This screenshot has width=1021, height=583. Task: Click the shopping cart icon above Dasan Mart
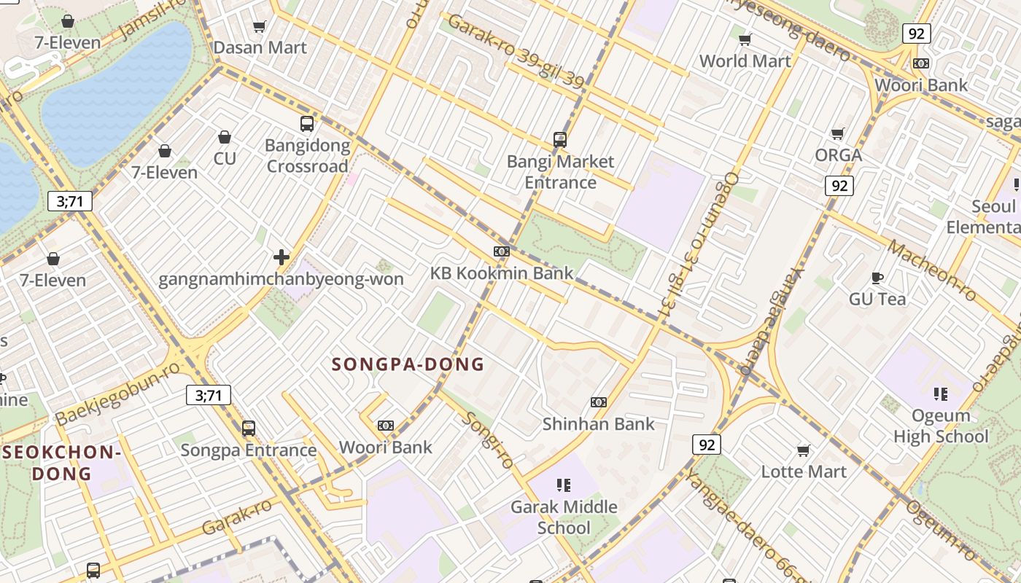coord(259,27)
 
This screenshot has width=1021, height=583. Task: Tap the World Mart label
coord(745,61)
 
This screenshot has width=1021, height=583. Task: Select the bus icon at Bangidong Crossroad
coord(307,124)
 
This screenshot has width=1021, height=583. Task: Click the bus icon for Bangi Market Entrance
coord(560,140)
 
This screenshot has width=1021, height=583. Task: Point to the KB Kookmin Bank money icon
coord(501,251)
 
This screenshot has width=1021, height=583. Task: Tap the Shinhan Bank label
coord(598,423)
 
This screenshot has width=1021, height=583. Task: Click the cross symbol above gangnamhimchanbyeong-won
coord(281,257)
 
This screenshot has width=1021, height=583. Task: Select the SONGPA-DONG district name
coord(408,364)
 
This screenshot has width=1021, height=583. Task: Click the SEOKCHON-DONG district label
coord(61,463)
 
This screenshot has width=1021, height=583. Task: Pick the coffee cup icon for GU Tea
coord(877,278)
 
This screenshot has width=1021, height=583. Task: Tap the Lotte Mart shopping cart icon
coord(804,450)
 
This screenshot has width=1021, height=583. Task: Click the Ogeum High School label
coord(941,426)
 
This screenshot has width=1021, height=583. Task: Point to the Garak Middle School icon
coord(563,485)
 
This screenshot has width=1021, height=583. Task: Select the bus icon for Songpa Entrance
coord(249,429)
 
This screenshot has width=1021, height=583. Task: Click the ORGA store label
coord(838,155)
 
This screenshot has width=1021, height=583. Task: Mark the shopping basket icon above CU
coord(225,137)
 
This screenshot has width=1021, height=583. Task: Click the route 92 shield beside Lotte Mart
coord(706,444)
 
